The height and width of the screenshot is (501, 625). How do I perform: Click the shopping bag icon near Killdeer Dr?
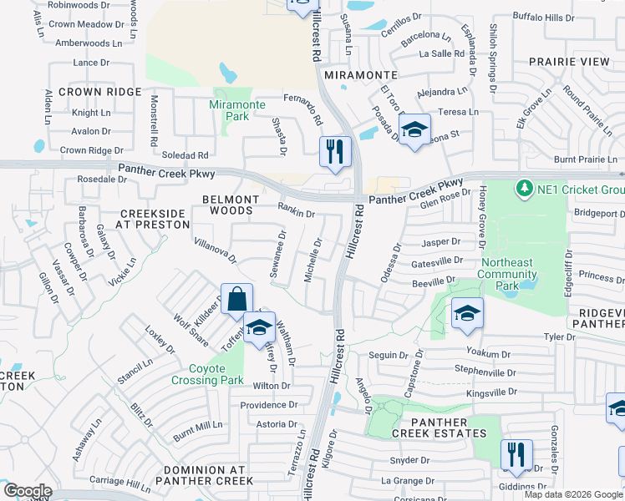tap(237, 299)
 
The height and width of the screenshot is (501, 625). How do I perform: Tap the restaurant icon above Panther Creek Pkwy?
tap(335, 152)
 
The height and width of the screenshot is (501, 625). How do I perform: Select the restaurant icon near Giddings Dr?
tap(516, 455)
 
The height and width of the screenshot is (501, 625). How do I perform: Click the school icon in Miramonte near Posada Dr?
tap(414, 129)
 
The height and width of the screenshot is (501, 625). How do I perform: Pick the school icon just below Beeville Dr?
tap(467, 313)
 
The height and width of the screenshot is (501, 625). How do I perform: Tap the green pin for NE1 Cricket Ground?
tap(525, 189)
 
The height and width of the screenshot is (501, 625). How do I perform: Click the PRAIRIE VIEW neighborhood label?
tap(569, 62)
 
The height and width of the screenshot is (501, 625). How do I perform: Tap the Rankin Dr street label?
tap(296, 213)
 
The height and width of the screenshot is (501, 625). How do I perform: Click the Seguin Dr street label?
tap(388, 356)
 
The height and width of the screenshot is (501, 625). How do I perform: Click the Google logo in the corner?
tap(28, 491)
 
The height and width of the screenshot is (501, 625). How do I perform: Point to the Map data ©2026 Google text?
tap(573, 494)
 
